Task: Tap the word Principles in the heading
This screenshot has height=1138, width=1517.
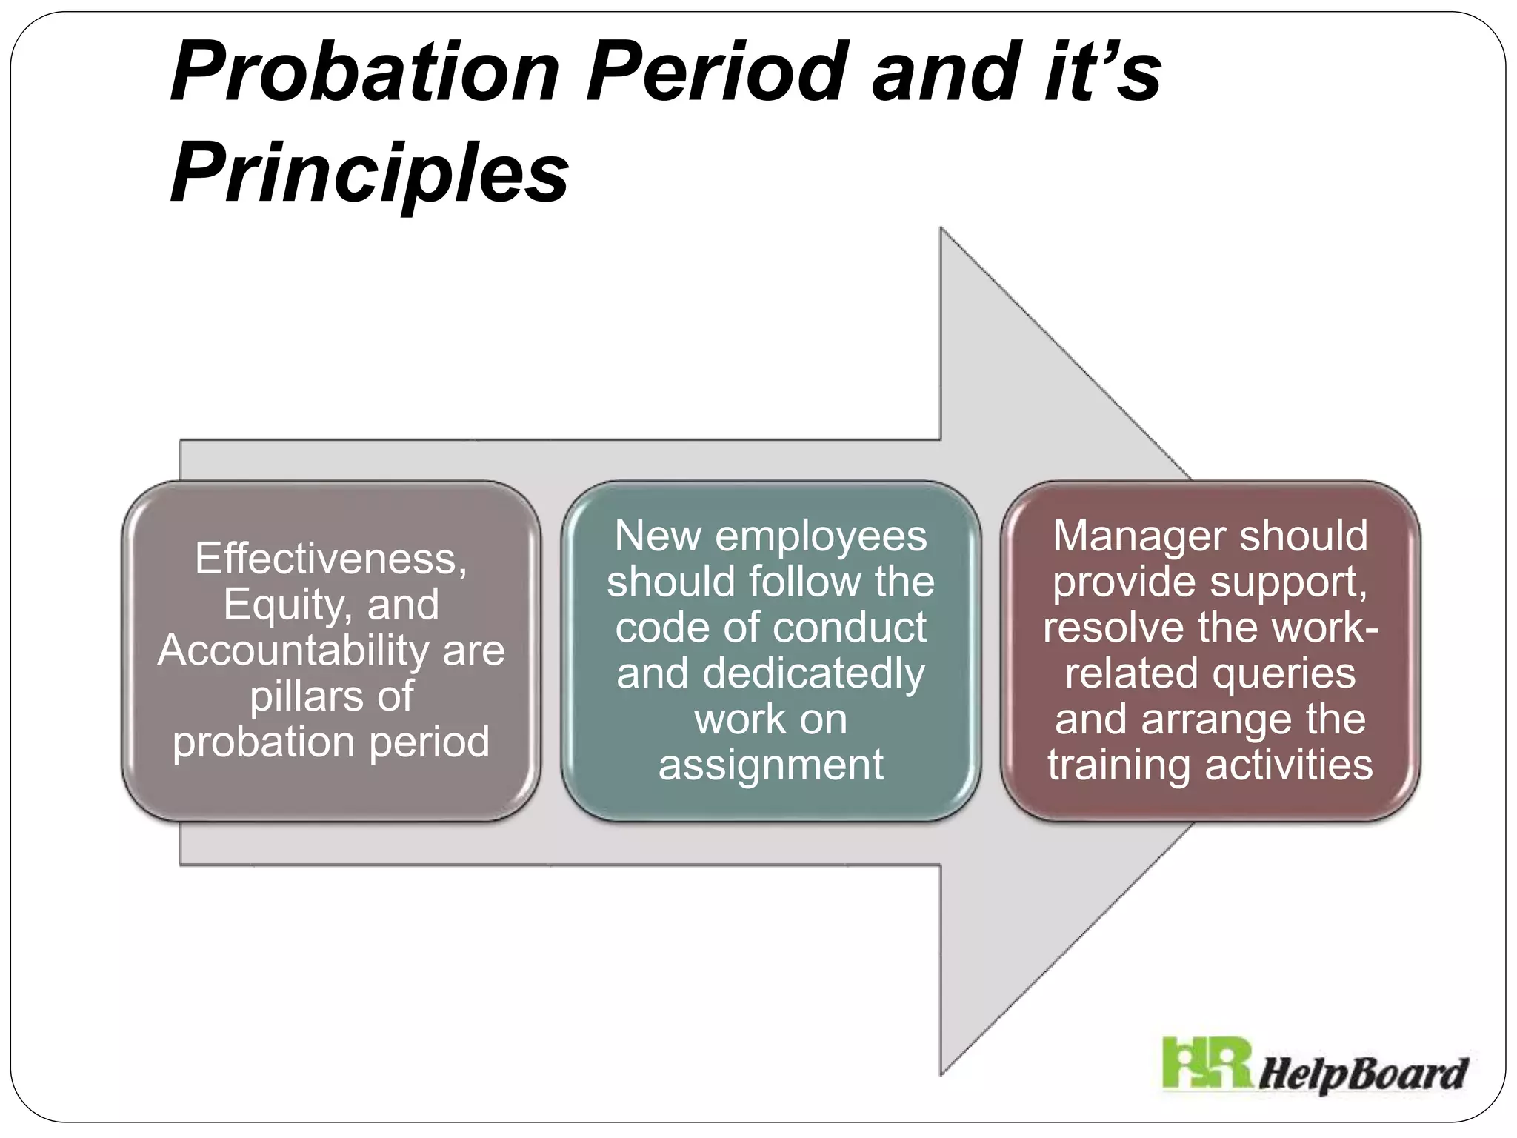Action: tap(370, 174)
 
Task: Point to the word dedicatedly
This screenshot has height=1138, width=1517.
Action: tap(813, 673)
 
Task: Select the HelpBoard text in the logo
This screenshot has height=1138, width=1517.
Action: tap(1364, 1073)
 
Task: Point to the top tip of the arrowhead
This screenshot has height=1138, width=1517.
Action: tap(941, 229)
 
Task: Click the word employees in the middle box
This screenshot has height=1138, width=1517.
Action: tap(821, 536)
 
